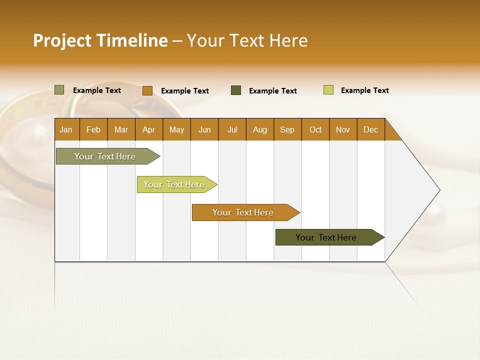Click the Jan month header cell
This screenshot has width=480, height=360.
pyautogui.click(x=66, y=129)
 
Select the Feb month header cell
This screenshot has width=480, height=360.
pyautogui.click(x=93, y=129)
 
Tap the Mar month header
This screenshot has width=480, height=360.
pyautogui.click(x=121, y=129)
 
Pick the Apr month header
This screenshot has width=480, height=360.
pyautogui.click(x=149, y=129)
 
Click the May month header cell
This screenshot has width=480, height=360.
pyautogui.click(x=176, y=129)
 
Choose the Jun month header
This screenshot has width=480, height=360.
pyautogui.click(x=204, y=129)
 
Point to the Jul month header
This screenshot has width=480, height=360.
pyautogui.click(x=232, y=129)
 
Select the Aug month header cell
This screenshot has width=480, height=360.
pyautogui.click(x=260, y=129)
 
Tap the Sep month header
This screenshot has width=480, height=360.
pyautogui.click(x=287, y=129)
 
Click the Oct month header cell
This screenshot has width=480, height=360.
pyautogui.click(x=315, y=129)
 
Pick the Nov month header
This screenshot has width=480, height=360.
pyautogui.click(x=343, y=129)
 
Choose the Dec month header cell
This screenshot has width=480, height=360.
pyautogui.click(x=371, y=129)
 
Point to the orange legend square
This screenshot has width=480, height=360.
pyautogui.click(x=147, y=90)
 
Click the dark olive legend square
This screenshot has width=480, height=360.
pyautogui.click(x=236, y=90)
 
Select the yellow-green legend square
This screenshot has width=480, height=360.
pyautogui.click(x=328, y=90)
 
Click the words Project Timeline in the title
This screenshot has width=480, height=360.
pyautogui.click(x=100, y=40)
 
